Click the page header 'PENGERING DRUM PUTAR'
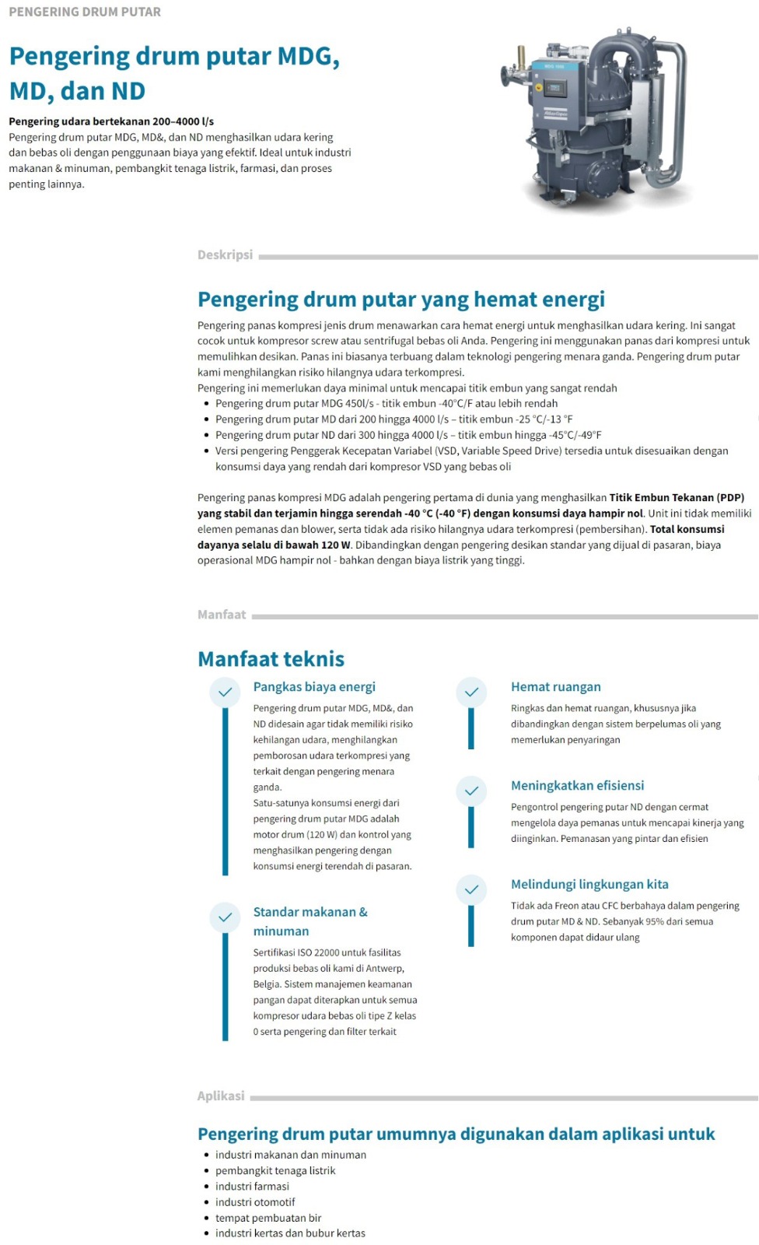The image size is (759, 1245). [x=85, y=12]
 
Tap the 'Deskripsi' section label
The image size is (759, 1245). [x=225, y=254]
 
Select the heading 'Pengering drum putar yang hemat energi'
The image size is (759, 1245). [x=400, y=300]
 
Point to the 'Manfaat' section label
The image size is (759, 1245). [x=222, y=615]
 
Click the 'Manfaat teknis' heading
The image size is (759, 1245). [x=271, y=659]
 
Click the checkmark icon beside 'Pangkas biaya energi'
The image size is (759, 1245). [x=225, y=692]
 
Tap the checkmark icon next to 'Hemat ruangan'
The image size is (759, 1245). [x=471, y=692]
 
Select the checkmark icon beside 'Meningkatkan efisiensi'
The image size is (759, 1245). [x=471, y=791]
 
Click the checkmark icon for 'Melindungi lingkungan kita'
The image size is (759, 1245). [x=471, y=889]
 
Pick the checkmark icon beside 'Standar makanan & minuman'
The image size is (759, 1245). [x=225, y=917]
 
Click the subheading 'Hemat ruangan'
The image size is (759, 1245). [x=555, y=687]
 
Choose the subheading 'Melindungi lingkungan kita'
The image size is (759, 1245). [x=589, y=884]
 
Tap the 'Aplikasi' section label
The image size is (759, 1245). [x=221, y=1096]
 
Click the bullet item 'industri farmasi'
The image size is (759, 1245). [x=252, y=1187]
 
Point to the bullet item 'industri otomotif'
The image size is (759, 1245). [x=255, y=1202]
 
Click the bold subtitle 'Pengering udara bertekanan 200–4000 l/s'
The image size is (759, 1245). [x=111, y=121]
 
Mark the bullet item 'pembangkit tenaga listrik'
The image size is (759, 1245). [x=275, y=1170]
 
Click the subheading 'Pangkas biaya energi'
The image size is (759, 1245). [x=314, y=687]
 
